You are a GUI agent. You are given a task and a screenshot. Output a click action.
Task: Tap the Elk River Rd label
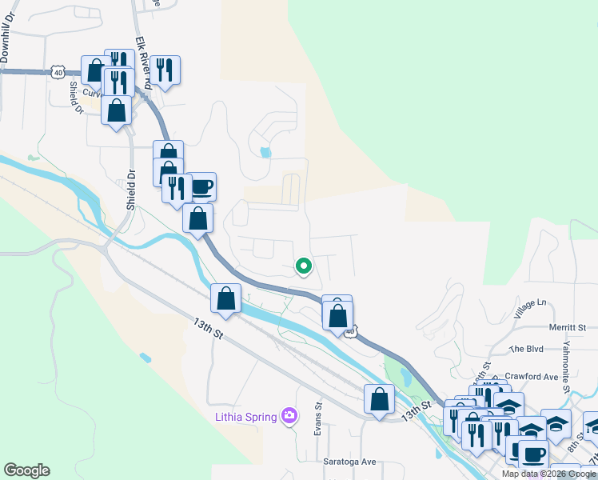pos(143,59)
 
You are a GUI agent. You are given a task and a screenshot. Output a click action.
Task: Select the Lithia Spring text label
pos(245,416)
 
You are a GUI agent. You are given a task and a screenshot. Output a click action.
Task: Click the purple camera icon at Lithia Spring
pos(289,416)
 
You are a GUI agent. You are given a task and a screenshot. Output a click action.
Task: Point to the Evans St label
pos(317,417)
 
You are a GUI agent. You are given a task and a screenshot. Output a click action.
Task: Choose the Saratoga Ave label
pos(349,462)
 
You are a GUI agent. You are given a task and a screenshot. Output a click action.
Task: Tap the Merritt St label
pos(568,327)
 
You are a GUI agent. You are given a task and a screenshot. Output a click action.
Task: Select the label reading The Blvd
pos(525,349)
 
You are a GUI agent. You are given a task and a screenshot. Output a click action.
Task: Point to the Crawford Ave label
pos(531,376)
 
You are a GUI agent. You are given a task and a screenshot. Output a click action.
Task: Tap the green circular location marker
pos(303,266)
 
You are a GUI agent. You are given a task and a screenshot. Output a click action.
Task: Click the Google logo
pos(26,470)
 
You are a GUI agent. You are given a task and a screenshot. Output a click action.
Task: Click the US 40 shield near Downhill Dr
pos(58,72)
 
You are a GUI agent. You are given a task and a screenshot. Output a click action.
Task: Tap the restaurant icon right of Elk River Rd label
pos(165,70)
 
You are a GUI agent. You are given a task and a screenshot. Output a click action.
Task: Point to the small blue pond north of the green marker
pos(265,151)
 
